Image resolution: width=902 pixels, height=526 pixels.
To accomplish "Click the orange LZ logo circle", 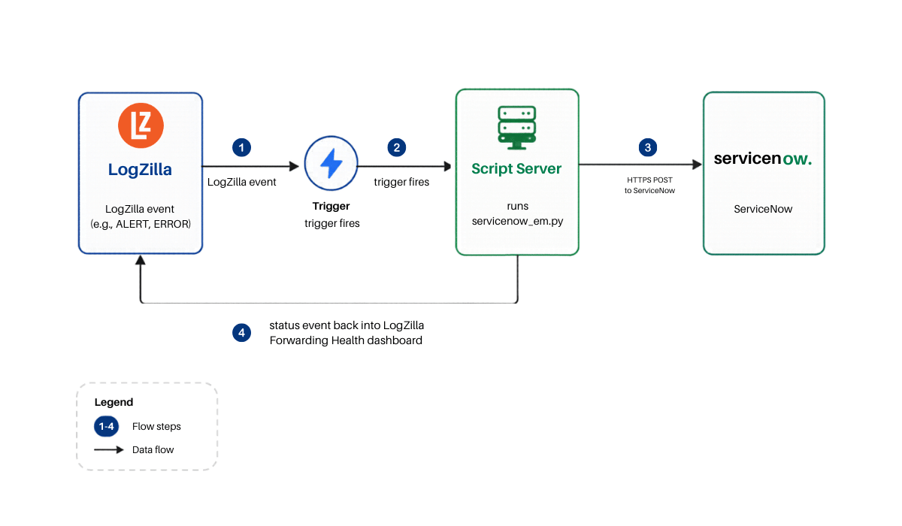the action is pos(141,125).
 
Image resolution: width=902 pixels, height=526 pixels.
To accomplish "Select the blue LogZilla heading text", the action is pos(140,169).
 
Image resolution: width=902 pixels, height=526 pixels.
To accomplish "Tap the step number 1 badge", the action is pos(241,148).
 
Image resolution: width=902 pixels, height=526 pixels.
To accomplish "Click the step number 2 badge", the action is pos(397,148).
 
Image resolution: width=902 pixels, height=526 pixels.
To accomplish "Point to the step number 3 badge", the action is pos(648,148).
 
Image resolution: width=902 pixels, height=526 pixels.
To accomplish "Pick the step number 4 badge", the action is pos(241,333).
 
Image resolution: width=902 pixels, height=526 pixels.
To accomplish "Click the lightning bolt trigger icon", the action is pos(331,163).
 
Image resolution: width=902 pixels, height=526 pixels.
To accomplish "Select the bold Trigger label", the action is pos(331,206).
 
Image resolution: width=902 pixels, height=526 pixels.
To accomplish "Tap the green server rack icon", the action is pos(517,128).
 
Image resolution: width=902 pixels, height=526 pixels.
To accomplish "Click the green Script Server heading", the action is pos(516,168).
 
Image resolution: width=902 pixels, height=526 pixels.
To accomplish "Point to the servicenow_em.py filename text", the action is pos(517,221).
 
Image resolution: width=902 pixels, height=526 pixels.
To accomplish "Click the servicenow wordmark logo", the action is pos(763,159).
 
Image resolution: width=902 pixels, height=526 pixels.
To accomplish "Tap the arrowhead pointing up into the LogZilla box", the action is pos(140,260).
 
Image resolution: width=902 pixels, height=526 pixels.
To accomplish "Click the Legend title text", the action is pos(114,402).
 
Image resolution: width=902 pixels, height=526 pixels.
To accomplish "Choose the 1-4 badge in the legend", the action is pos(106,427).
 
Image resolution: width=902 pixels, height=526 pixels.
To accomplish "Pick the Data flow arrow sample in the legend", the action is pos(109,449).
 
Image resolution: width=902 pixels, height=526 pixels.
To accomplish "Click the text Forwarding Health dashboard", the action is pos(346,340).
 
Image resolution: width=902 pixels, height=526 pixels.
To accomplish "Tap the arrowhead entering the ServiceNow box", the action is pos(697,165).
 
